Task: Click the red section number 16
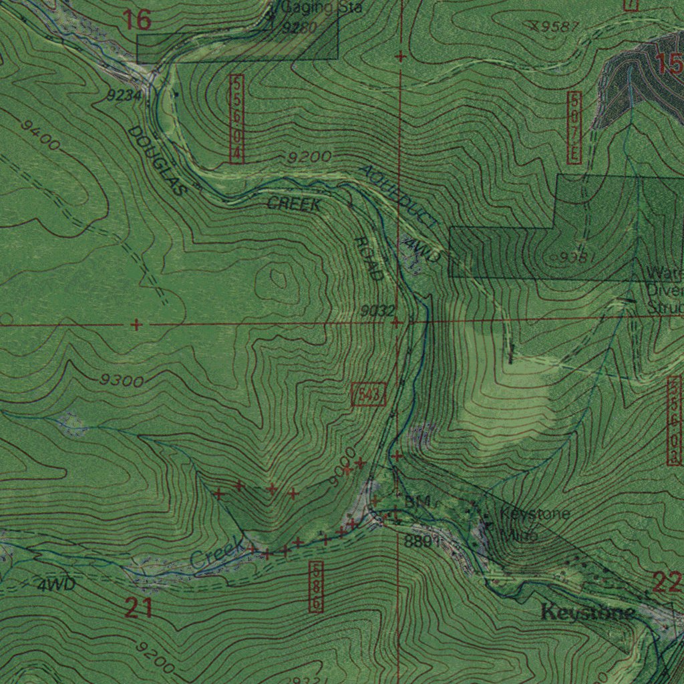click(137, 20)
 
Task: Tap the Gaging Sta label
click(321, 7)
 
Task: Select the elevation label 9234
click(124, 96)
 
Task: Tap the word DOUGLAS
click(156, 161)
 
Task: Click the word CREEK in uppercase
click(294, 204)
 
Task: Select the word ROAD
click(369, 259)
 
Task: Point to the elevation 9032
click(378, 311)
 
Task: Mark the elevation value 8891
click(422, 541)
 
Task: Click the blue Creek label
click(216, 554)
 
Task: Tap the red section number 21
click(138, 608)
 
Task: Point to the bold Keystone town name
click(588, 611)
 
